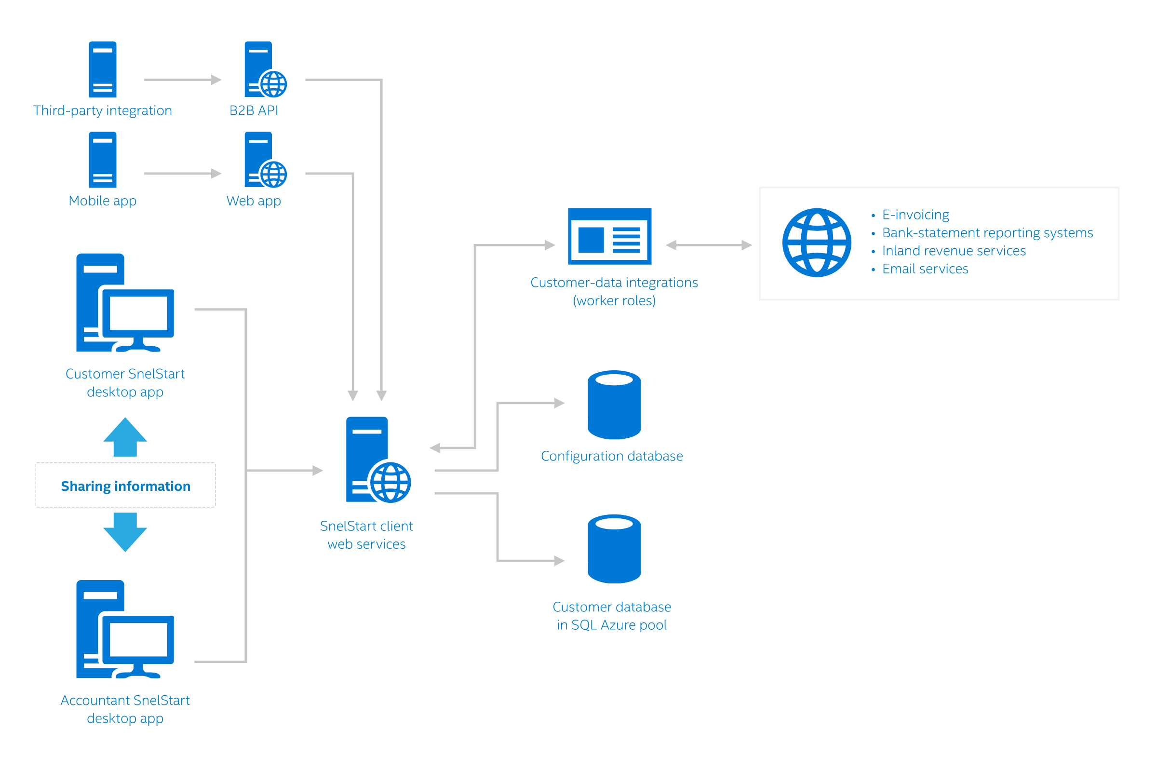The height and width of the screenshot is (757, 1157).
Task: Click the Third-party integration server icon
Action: tap(103, 69)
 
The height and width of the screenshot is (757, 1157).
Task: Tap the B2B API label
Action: tap(254, 111)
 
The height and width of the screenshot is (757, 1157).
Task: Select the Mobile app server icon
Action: tap(103, 160)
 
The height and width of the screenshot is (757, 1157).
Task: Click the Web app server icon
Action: tap(263, 160)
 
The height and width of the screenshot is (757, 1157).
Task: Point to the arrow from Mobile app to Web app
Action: tap(182, 174)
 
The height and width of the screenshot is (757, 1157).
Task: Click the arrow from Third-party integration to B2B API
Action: tap(182, 80)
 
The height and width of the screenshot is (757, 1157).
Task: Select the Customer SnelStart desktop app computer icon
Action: tap(125, 302)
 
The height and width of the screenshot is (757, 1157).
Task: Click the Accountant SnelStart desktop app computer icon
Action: tap(125, 629)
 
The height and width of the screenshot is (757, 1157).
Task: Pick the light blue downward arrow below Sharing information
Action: tap(125, 532)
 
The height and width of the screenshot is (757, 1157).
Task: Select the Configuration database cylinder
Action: tap(614, 405)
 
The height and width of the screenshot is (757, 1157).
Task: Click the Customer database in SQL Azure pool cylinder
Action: tap(614, 549)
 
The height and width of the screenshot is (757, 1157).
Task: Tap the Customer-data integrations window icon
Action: tap(610, 236)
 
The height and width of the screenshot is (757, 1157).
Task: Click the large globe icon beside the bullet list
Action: tap(817, 243)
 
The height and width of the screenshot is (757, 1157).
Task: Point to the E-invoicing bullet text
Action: tap(915, 215)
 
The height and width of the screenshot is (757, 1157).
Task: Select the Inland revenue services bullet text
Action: tap(954, 251)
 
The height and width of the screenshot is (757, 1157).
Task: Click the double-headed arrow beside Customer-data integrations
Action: tap(708, 245)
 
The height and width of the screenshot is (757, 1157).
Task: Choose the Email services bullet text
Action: tap(925, 269)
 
